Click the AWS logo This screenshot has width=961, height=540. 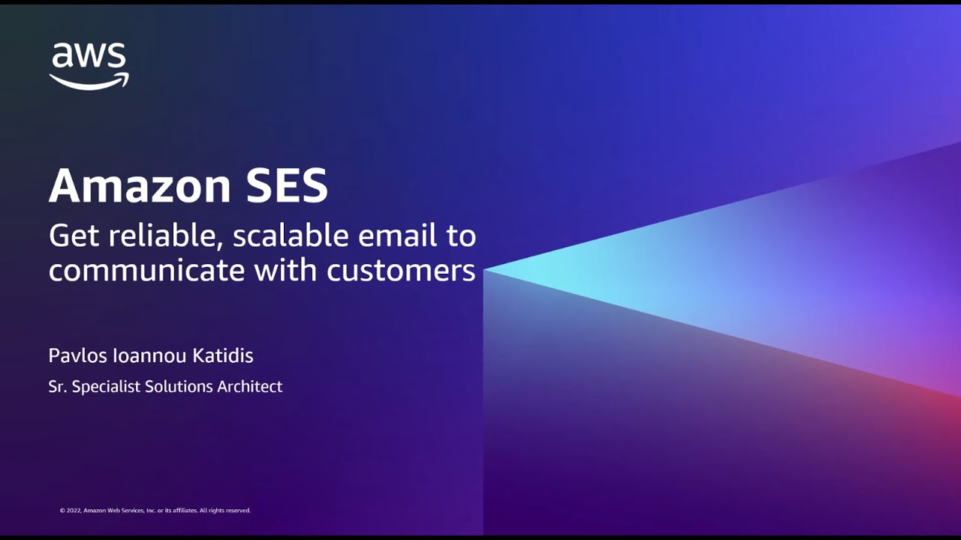[89, 66]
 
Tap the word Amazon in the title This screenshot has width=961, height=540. [140, 186]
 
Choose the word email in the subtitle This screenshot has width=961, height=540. [397, 236]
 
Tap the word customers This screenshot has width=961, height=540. [401, 270]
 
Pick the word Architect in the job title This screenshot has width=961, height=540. [249, 387]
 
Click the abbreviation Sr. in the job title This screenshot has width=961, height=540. [57, 387]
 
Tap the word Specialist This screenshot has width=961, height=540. [107, 388]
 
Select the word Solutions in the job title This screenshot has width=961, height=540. [179, 387]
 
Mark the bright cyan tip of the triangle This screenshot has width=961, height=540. [493, 270]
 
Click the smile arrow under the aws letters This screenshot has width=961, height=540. [89, 82]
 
